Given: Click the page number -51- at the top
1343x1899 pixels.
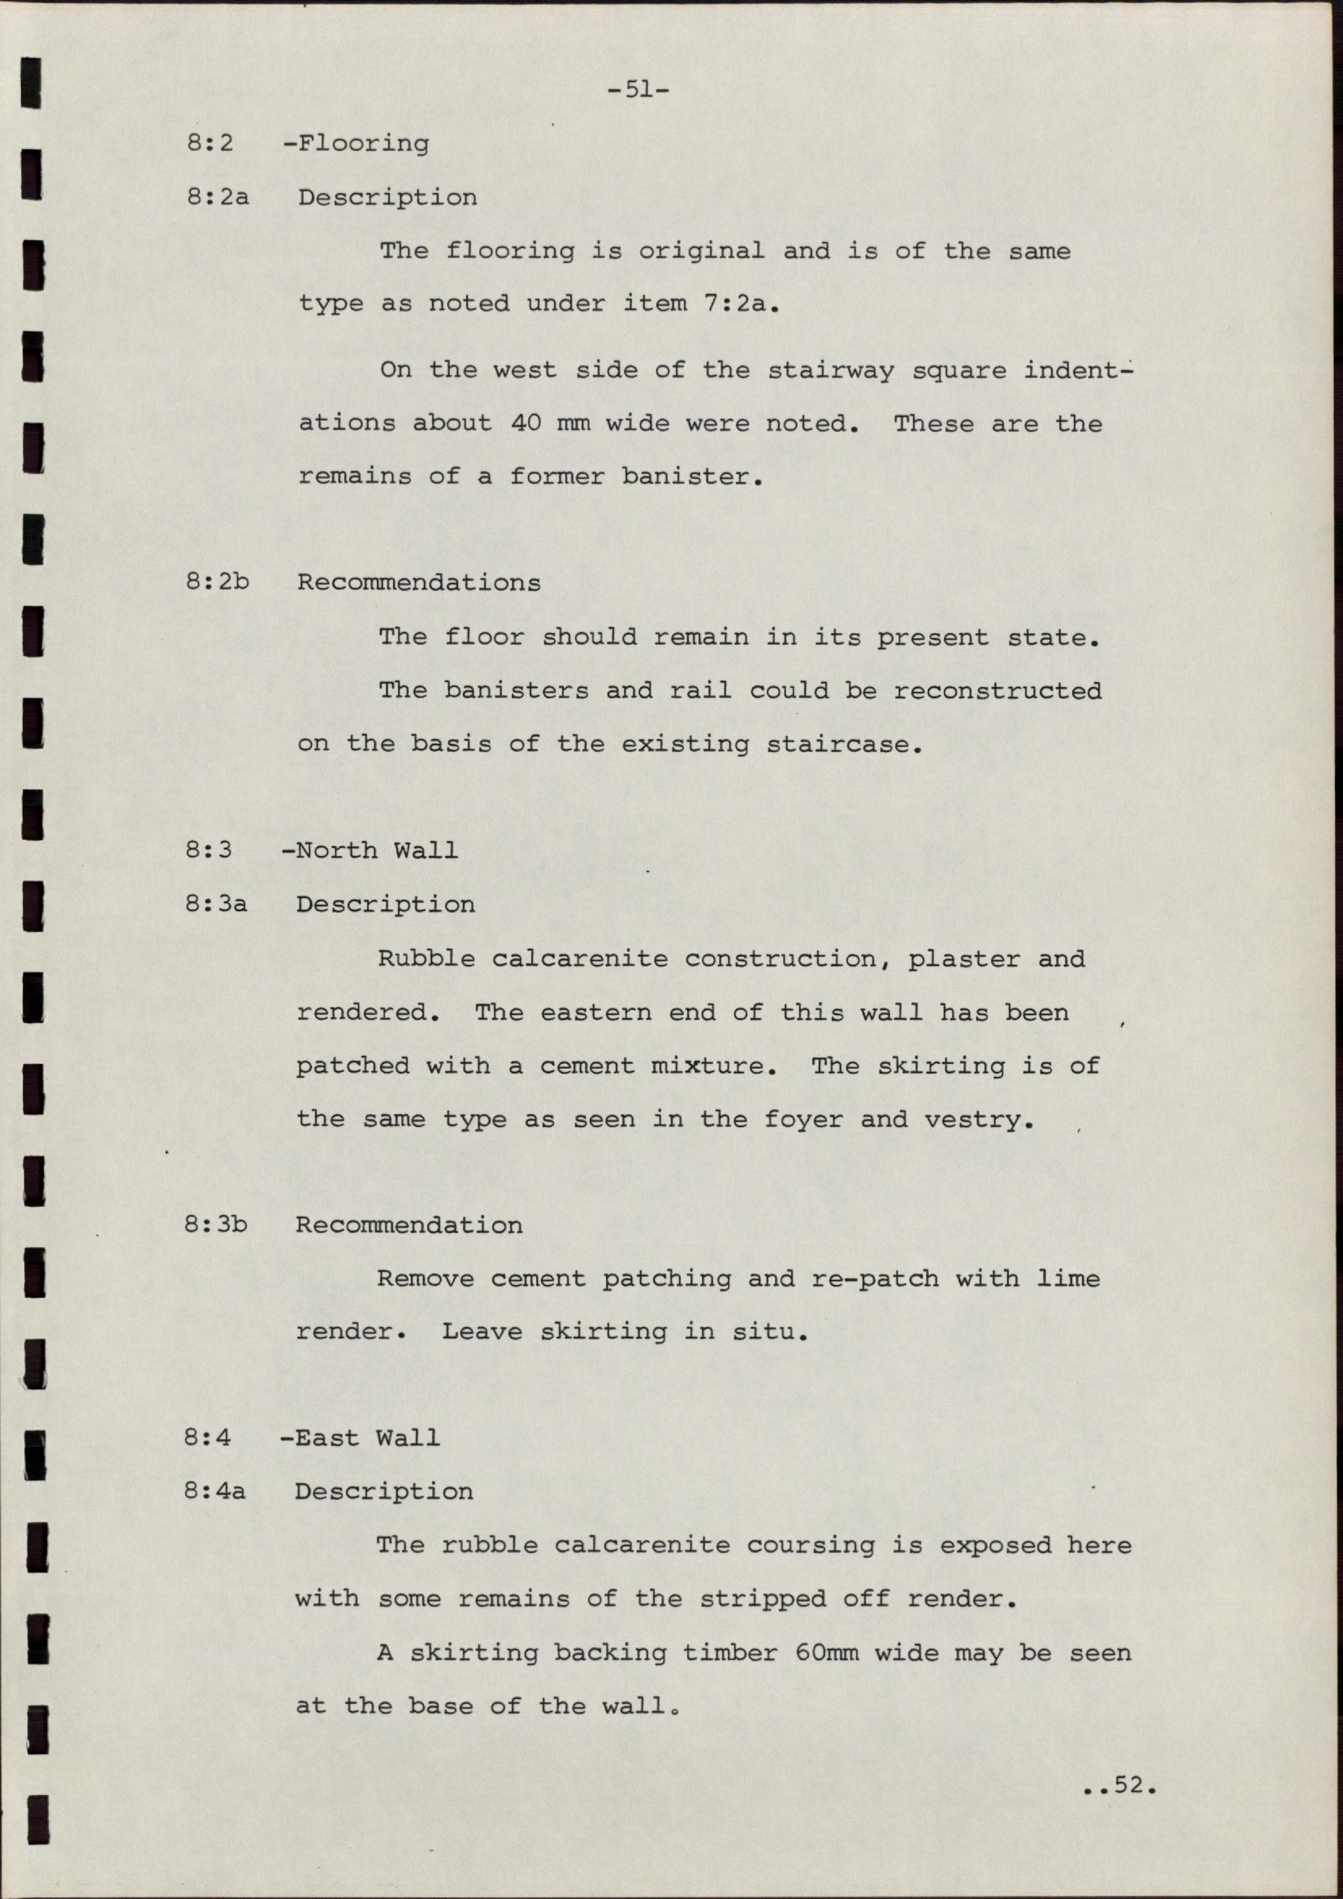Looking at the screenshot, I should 638,89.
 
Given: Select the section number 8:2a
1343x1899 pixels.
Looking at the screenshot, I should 218,198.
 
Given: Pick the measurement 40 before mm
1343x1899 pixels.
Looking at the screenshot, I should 526,424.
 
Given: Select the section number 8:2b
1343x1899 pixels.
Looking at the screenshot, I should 218,582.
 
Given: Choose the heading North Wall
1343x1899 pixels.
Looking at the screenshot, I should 376,850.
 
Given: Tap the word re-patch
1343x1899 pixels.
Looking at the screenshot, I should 875,1279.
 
